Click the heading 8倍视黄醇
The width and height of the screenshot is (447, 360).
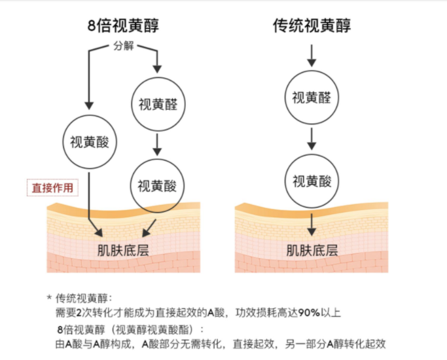[x=123, y=26]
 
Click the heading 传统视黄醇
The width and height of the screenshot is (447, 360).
[x=312, y=26]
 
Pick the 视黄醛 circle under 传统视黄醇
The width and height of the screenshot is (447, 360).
[x=312, y=98]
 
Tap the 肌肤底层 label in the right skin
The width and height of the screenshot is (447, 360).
[x=312, y=249]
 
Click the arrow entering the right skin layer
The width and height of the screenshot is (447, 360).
[x=312, y=223]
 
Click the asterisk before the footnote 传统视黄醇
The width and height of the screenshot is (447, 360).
[x=49, y=298]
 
